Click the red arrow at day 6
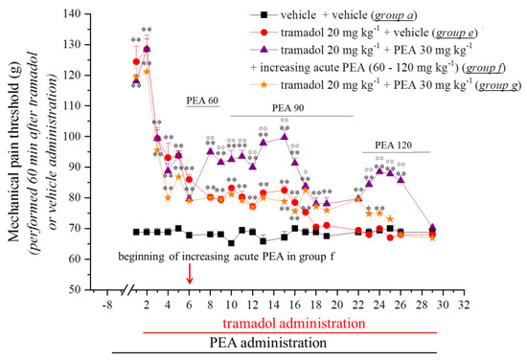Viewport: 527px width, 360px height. click(190, 275)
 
